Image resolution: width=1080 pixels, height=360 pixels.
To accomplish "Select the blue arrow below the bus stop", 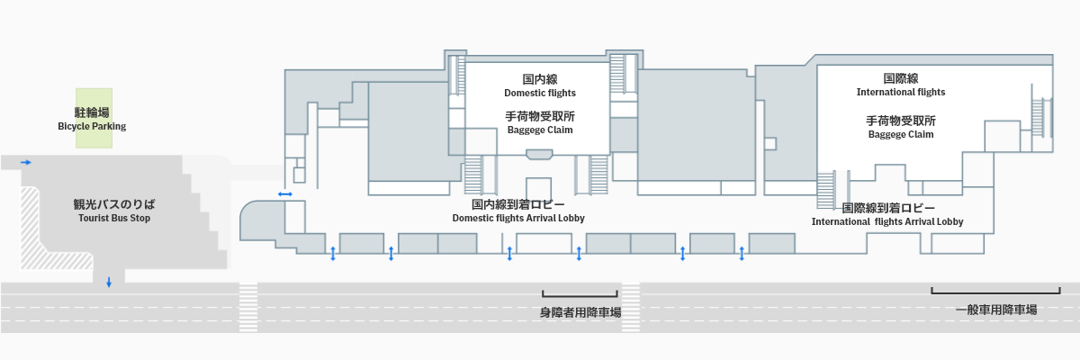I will point(109,283).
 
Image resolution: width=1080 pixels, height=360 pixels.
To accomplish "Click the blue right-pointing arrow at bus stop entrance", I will point(26,162).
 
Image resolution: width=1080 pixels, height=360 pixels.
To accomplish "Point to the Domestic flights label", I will point(539,93).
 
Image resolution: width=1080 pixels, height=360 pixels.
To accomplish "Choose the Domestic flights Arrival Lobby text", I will point(518,219).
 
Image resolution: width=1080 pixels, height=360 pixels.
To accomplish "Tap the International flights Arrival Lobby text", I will point(887,221).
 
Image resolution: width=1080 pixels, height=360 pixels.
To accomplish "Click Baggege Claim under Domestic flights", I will point(539,130).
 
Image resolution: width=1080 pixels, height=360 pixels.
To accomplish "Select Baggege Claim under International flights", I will point(901,134).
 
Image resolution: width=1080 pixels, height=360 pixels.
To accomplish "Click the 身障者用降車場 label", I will point(580,312).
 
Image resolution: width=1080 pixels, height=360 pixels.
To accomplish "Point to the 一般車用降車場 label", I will point(996,310).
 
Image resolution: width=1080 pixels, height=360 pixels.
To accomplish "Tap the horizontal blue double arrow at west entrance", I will point(285,193).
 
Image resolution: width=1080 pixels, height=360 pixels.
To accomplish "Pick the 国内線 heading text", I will point(540,79).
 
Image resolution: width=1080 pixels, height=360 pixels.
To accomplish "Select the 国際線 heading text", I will point(901,78).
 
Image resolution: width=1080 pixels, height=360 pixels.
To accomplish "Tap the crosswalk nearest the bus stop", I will point(247,308).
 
